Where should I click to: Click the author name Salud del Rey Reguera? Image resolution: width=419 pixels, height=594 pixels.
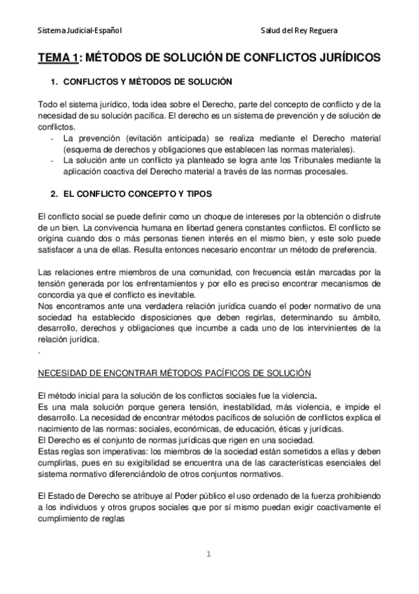[x=298, y=30]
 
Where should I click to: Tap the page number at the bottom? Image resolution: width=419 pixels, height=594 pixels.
[x=208, y=555]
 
